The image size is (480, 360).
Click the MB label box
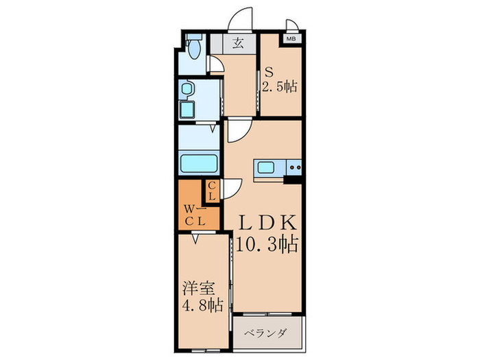[x=291, y=39]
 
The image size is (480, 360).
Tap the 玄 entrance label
[x=238, y=44]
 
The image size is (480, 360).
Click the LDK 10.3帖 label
[x=267, y=233]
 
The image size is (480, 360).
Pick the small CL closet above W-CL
[x=212, y=190]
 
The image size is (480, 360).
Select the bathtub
[x=200, y=165]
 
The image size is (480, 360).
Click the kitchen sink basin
[x=266, y=167]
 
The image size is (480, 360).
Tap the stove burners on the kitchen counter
[x=296, y=167]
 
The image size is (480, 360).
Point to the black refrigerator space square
[x=293, y=180]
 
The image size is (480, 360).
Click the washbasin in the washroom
[x=186, y=89]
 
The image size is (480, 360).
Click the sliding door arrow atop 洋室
[x=196, y=239]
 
